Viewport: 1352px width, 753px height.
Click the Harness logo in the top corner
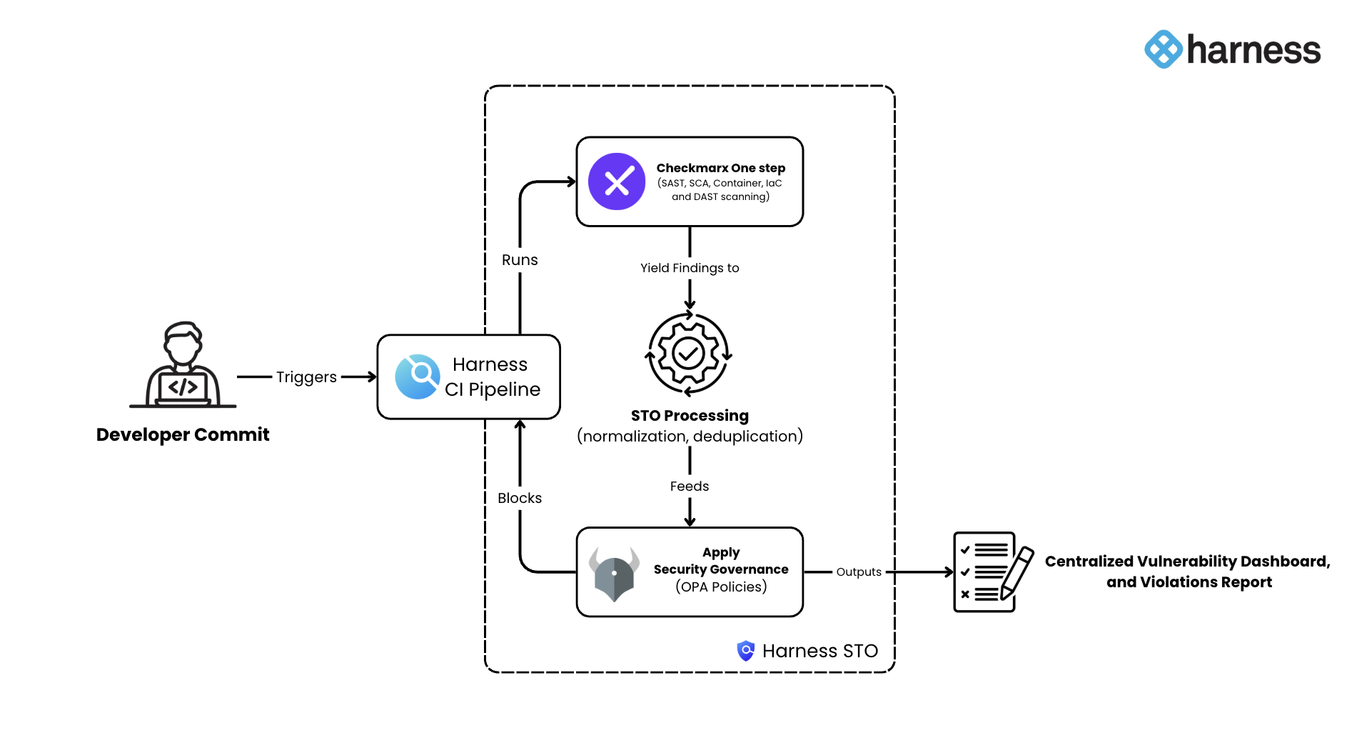coord(1232,49)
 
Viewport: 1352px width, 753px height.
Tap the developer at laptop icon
coord(183,365)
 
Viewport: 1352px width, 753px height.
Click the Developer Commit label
coord(183,434)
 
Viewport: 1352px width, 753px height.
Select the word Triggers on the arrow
coord(306,376)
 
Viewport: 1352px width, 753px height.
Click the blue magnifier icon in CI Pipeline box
coord(418,376)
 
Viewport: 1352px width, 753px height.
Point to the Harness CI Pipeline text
coord(492,376)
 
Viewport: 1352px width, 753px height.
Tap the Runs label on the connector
coord(520,260)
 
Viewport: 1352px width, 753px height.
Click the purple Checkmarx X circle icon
coord(617,181)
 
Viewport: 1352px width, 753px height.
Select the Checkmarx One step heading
coord(720,168)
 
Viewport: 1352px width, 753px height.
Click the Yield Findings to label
coord(690,268)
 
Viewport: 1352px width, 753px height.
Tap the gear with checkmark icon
coord(689,354)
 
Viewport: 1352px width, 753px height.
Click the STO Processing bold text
coord(690,416)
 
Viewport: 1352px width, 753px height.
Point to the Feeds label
coord(690,487)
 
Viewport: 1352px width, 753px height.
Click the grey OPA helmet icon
coord(614,573)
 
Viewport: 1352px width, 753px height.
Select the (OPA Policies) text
coord(721,587)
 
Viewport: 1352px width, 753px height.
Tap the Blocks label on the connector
coord(520,498)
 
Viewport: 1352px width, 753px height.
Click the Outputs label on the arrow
coord(859,572)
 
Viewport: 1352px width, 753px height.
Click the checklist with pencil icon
coord(993,572)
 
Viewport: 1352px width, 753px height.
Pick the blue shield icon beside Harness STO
coord(746,651)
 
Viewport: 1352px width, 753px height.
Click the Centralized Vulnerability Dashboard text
coord(1187,562)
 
